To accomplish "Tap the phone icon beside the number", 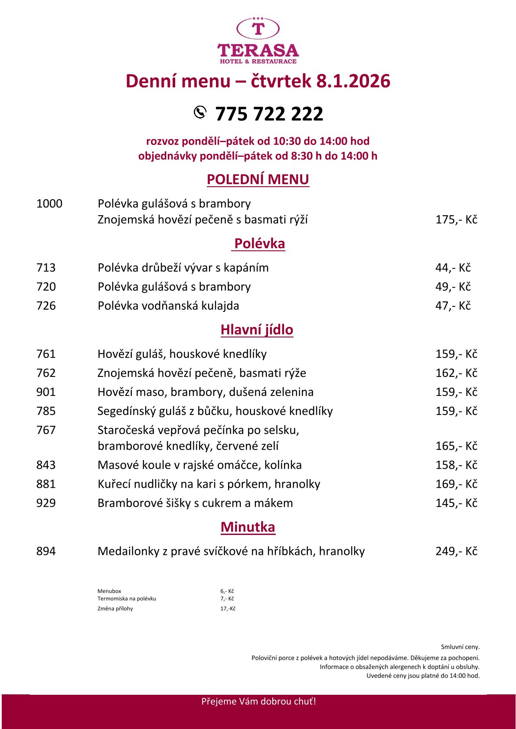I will click(200, 112).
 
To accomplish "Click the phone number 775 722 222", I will click(269, 114).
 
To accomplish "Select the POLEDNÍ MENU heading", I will click(258, 179).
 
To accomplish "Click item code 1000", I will click(49, 204).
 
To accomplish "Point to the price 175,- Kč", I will click(456, 220).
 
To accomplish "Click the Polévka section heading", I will click(259, 243).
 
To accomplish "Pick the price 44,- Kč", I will click(453, 268).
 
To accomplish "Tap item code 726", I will click(46, 306).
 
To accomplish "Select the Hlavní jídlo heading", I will click(257, 330).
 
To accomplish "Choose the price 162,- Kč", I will click(456, 373).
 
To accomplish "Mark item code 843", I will click(46, 465).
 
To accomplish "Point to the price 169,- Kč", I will click(456, 484).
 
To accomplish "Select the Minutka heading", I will click(248, 527).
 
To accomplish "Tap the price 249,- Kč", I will click(456, 551).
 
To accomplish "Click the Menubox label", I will click(109, 591).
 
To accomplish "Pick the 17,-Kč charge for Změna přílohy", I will click(228, 609).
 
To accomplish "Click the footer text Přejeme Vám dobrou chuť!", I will click(258, 701).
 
